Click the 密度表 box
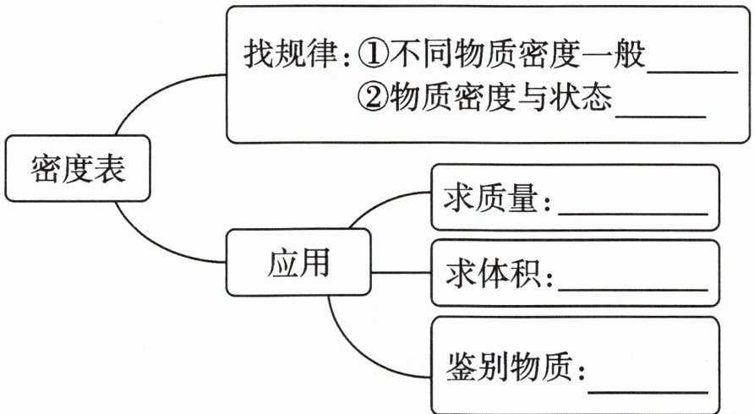tap(78, 168)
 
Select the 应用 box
tap(298, 264)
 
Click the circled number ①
tap(372, 56)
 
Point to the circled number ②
tap(372, 101)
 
